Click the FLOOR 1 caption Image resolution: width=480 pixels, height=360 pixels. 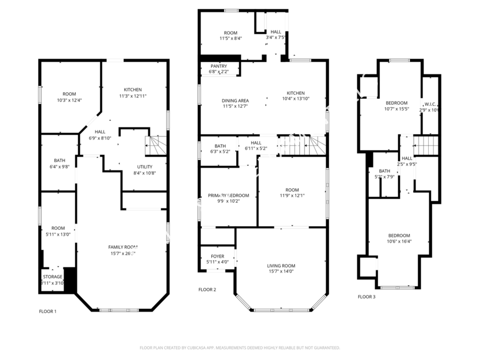tap(47, 311)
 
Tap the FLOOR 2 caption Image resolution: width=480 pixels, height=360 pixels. tap(207, 290)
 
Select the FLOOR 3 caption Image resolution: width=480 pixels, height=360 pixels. tap(366, 297)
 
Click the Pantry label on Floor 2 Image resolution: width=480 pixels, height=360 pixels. tap(219, 66)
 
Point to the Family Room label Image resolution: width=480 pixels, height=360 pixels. tap(123, 247)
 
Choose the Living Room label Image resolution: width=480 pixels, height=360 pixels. tap(281, 266)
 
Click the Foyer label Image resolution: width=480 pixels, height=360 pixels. tap(218, 256)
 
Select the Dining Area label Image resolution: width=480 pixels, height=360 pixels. tap(235, 100)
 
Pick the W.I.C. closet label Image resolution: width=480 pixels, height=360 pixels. tap(430, 104)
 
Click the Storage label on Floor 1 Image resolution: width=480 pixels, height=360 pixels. tap(53, 277)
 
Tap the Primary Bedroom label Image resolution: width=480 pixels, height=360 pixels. tap(228, 196)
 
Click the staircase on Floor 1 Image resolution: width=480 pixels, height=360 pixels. tap(156, 144)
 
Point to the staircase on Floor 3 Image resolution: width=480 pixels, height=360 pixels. tap(426, 145)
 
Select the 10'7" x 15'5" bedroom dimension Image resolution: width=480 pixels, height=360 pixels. tap(396, 109)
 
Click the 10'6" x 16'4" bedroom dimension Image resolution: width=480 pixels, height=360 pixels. tap(399, 241)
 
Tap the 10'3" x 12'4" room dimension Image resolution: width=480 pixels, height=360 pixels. tap(69, 100)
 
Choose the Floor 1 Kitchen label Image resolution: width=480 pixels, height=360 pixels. tap(133, 90)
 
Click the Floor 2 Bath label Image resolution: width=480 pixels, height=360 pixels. tap(220, 146)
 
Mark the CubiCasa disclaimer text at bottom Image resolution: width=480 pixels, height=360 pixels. tap(239, 348)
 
